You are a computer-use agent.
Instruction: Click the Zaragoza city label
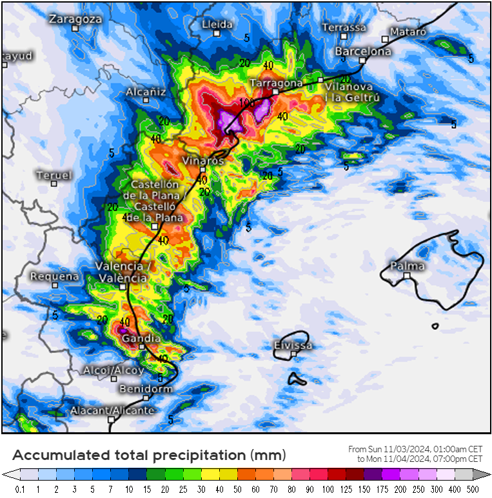point(75,19)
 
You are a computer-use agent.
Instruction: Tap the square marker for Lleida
point(217,33)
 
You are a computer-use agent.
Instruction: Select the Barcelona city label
point(363,51)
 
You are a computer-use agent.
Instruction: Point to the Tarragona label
point(276,83)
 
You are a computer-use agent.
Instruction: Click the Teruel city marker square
point(54,184)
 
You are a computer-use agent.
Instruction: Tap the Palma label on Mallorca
point(408,265)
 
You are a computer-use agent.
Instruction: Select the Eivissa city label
point(293,345)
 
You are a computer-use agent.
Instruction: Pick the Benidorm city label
point(146,388)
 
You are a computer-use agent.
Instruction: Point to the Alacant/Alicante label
point(112,410)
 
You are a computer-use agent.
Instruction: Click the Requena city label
point(54,276)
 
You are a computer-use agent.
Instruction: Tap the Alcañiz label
point(146,92)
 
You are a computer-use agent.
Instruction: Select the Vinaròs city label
point(202,160)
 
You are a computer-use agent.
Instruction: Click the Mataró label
point(408,32)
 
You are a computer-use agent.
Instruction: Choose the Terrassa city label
point(344,27)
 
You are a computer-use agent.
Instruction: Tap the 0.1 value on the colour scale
point(20,489)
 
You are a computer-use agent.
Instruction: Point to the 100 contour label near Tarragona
point(246,102)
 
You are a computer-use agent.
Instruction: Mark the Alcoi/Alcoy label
point(113,370)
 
